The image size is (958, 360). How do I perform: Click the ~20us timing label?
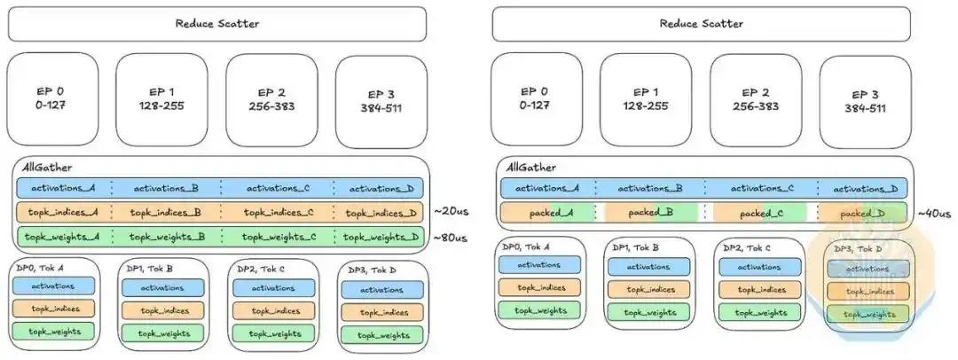[450, 212]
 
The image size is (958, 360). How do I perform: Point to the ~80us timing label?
[450, 238]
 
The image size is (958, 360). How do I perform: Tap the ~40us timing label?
[934, 214]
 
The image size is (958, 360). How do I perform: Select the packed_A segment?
[547, 213]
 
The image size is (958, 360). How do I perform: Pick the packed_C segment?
[760, 213]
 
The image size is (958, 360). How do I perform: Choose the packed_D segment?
[863, 213]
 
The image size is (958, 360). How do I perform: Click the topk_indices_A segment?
[64, 213]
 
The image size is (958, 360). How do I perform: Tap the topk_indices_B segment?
[166, 213]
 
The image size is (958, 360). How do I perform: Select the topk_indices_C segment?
[278, 213]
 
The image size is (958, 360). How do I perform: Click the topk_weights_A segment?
[64, 237]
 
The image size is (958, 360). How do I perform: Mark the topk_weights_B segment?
[166, 237]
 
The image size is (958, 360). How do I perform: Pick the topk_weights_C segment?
[278, 237]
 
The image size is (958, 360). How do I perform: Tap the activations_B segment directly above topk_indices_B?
[166, 188]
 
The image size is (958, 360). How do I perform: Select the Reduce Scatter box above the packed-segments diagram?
[702, 24]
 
